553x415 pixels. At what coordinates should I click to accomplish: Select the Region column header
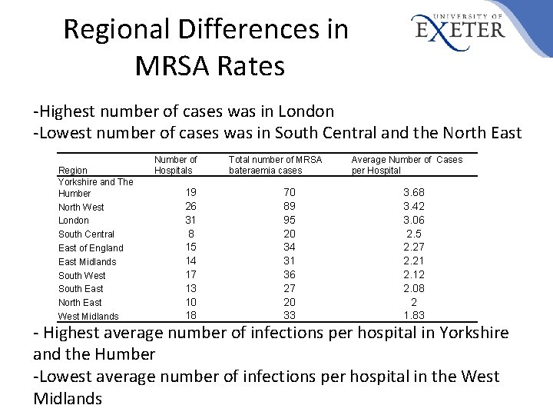coord(73,170)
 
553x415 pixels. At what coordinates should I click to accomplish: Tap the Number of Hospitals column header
coord(176,164)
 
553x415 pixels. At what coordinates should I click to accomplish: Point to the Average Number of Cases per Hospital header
coord(406,164)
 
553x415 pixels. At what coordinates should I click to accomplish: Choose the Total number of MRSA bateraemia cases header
coord(275,164)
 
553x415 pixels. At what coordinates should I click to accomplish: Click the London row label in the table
coord(74,221)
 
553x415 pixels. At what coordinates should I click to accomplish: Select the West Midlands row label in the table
coord(88,317)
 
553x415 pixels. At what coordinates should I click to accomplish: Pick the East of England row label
coord(91,248)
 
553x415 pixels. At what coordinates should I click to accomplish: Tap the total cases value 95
coord(290,220)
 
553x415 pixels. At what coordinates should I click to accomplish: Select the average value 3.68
coord(414,192)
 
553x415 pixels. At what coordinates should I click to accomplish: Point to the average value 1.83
coord(414,316)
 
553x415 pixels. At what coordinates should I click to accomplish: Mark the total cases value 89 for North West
coord(290,206)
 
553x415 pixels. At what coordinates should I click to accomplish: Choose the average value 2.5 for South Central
coord(414,234)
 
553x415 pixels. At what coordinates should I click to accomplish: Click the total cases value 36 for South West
coord(290,274)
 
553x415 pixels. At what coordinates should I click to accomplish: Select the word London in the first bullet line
coord(306,112)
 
